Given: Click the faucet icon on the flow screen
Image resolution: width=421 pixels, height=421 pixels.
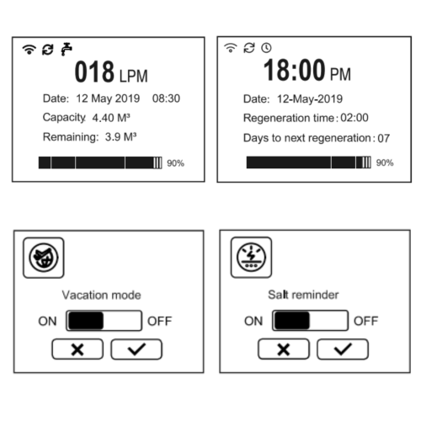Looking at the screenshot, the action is tap(67, 50).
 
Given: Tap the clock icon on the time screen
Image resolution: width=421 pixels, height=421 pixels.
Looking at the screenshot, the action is tap(266, 48).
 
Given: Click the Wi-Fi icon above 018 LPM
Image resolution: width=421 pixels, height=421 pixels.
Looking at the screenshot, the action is tap(29, 50).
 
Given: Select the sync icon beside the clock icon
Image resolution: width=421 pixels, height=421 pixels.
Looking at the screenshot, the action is tap(249, 48).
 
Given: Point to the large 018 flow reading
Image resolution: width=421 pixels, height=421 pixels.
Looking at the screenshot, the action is tap(94, 72).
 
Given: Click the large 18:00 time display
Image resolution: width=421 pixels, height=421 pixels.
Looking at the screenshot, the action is tap(294, 70).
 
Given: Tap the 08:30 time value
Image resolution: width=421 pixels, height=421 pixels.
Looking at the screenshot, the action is tap(166, 99).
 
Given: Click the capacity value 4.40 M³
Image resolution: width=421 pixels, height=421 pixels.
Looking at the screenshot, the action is tap(111, 118).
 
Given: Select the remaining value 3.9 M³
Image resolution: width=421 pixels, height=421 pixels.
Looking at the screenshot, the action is tap(120, 137).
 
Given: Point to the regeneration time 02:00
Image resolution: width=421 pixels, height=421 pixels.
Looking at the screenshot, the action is tap(354, 118).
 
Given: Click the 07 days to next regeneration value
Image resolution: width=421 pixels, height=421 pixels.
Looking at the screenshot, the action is tap(384, 138).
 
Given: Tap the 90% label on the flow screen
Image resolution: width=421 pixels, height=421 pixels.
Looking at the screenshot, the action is tap(175, 163).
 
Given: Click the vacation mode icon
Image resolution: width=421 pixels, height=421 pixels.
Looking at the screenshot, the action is tap(44, 258).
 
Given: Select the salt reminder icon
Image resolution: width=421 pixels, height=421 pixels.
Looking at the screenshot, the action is tap(251, 258).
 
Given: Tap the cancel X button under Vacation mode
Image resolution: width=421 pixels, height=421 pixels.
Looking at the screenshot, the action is tap(77, 349).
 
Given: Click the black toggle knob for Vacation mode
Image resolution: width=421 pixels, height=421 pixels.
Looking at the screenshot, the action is tap(86, 321).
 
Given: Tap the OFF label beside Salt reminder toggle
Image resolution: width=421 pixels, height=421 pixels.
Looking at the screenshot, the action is tap(365, 321).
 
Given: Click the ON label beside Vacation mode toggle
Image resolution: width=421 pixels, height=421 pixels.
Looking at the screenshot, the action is tap(47, 321).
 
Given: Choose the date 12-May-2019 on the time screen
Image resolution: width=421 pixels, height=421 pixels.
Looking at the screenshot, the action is tap(310, 99).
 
